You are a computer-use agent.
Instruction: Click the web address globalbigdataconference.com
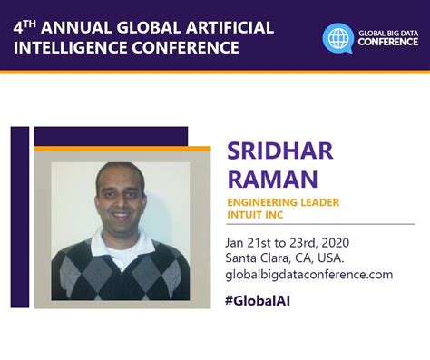pos(308,273)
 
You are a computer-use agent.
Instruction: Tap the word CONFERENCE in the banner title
pos(190,46)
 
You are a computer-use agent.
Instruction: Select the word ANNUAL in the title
pos(83,26)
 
